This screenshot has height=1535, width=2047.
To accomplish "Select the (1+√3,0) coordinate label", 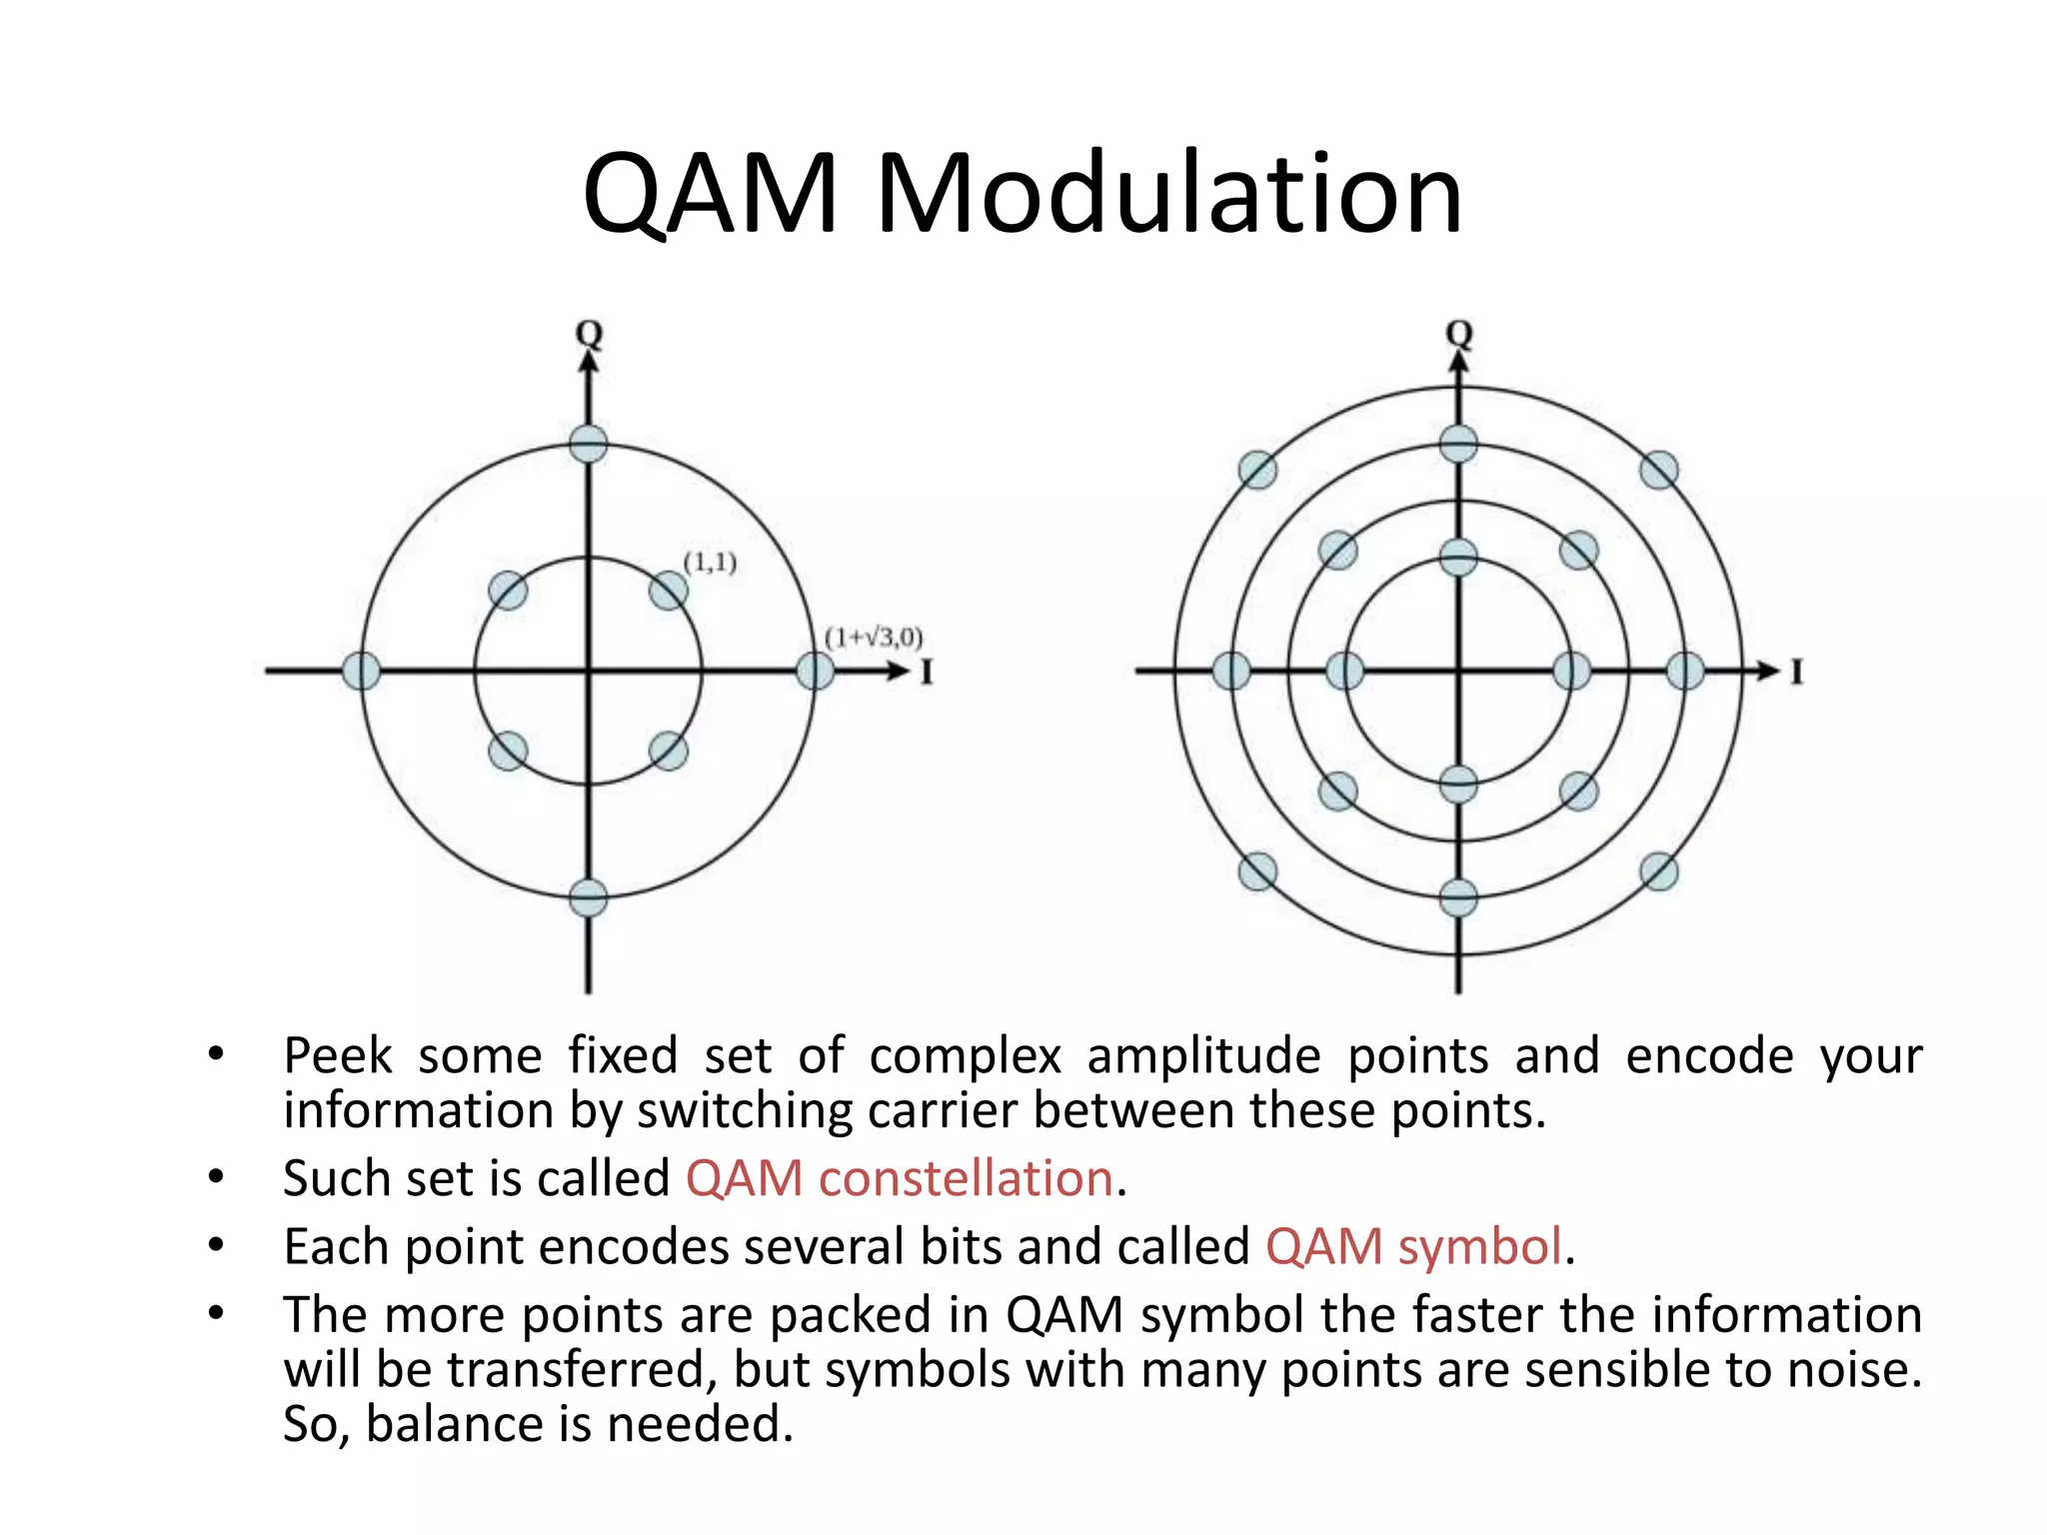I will pos(874,637).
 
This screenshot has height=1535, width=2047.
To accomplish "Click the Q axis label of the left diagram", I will pos(590,334).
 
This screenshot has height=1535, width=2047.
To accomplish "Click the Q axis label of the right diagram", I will pos(1459,334).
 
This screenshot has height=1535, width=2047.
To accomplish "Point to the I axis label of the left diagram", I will pos(927,672).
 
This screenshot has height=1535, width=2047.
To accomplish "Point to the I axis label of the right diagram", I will pos(1797,672).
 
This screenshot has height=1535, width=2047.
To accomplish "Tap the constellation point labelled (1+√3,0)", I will pos(815,671).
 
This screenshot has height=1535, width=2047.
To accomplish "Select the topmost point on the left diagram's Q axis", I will pos(589,444).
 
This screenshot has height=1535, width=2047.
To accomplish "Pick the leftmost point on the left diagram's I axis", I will pos(361,671).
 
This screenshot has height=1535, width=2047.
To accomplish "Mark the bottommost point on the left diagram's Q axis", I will pos(589,897).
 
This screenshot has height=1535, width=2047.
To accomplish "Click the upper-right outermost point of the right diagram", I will pos(1659,470).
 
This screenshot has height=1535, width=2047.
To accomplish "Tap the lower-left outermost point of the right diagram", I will pos(1257,871).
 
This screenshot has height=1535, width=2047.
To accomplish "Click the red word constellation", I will pos(966,1178).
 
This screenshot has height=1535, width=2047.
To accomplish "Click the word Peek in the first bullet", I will pos(338,1055).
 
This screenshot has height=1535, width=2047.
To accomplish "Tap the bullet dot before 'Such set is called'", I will pos(216,1177).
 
